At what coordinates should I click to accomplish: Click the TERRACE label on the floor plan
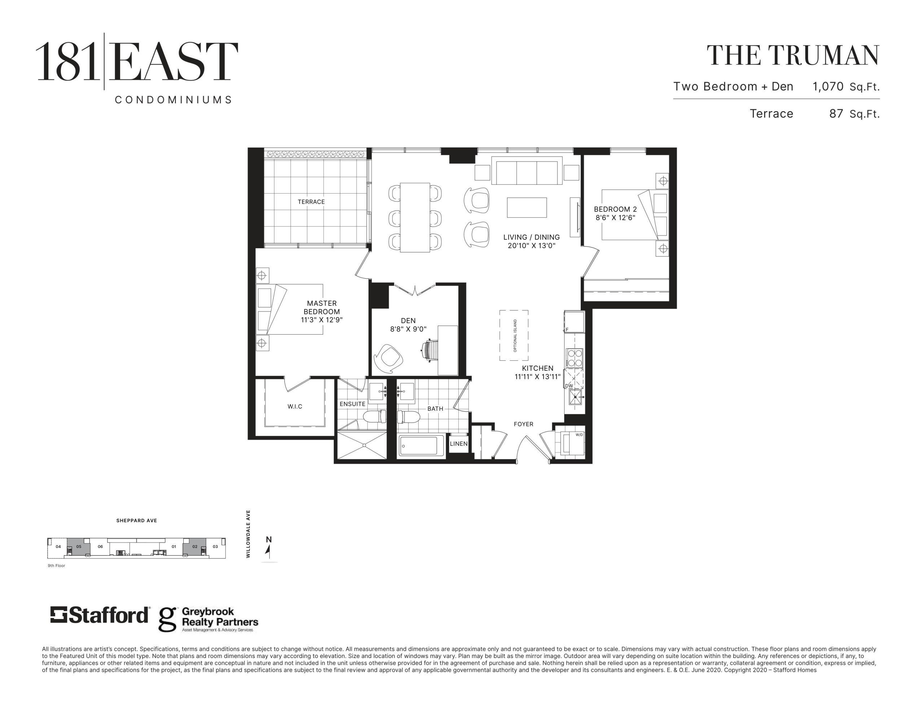(x=311, y=202)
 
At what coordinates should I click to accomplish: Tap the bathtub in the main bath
(x=421, y=446)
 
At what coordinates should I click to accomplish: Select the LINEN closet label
(x=459, y=444)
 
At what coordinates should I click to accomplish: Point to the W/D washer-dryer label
(x=579, y=435)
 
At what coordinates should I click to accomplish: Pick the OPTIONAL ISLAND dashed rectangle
(x=514, y=335)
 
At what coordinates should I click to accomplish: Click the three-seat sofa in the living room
(x=527, y=171)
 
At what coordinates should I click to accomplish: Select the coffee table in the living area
(x=527, y=208)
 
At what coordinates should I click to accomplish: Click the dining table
(x=415, y=218)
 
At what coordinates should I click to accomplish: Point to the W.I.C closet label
(x=295, y=406)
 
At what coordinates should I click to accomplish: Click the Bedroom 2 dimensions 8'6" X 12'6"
(x=615, y=218)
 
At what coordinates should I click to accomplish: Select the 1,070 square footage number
(x=828, y=87)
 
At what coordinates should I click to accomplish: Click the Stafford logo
(x=99, y=615)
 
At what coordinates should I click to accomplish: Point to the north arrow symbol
(x=267, y=549)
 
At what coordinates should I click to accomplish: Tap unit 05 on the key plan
(x=79, y=547)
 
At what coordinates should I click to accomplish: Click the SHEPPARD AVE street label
(x=137, y=521)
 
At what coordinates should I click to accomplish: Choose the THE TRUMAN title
(x=793, y=56)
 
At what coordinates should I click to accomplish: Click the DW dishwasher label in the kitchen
(x=569, y=386)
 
